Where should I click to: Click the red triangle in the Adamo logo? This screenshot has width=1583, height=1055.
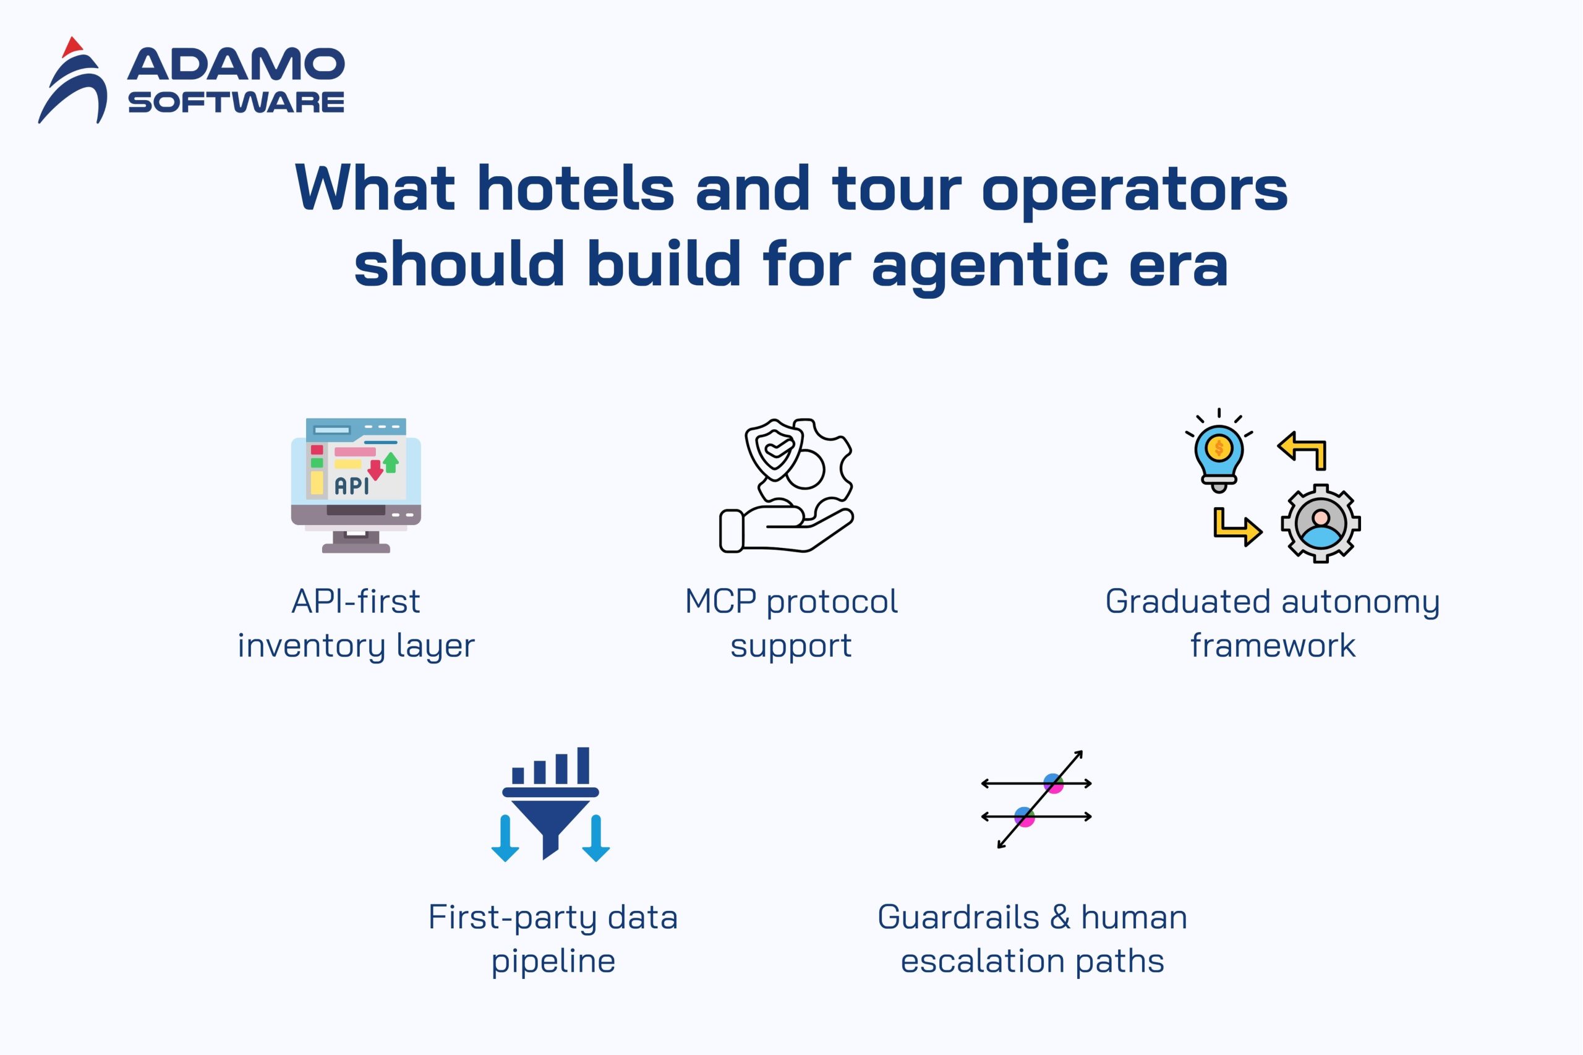click(x=72, y=48)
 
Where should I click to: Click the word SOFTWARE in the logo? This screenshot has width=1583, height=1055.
click(x=236, y=102)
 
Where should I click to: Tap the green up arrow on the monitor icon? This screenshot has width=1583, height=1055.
click(x=391, y=461)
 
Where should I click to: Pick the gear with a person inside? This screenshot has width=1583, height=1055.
click(x=1321, y=523)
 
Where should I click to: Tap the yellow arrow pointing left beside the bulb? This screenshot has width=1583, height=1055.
click(x=1302, y=450)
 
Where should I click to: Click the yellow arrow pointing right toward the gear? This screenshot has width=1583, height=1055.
click(x=1238, y=527)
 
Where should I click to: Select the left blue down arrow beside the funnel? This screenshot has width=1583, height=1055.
click(x=505, y=839)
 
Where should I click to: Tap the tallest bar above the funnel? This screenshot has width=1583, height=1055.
click(x=583, y=765)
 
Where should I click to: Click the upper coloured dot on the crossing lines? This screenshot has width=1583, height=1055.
click(x=1053, y=783)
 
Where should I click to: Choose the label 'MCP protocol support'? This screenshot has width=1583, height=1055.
click(x=791, y=623)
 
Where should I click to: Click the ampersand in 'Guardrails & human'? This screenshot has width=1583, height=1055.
click(x=1060, y=917)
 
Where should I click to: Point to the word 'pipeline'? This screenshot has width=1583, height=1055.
click(x=553, y=962)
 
